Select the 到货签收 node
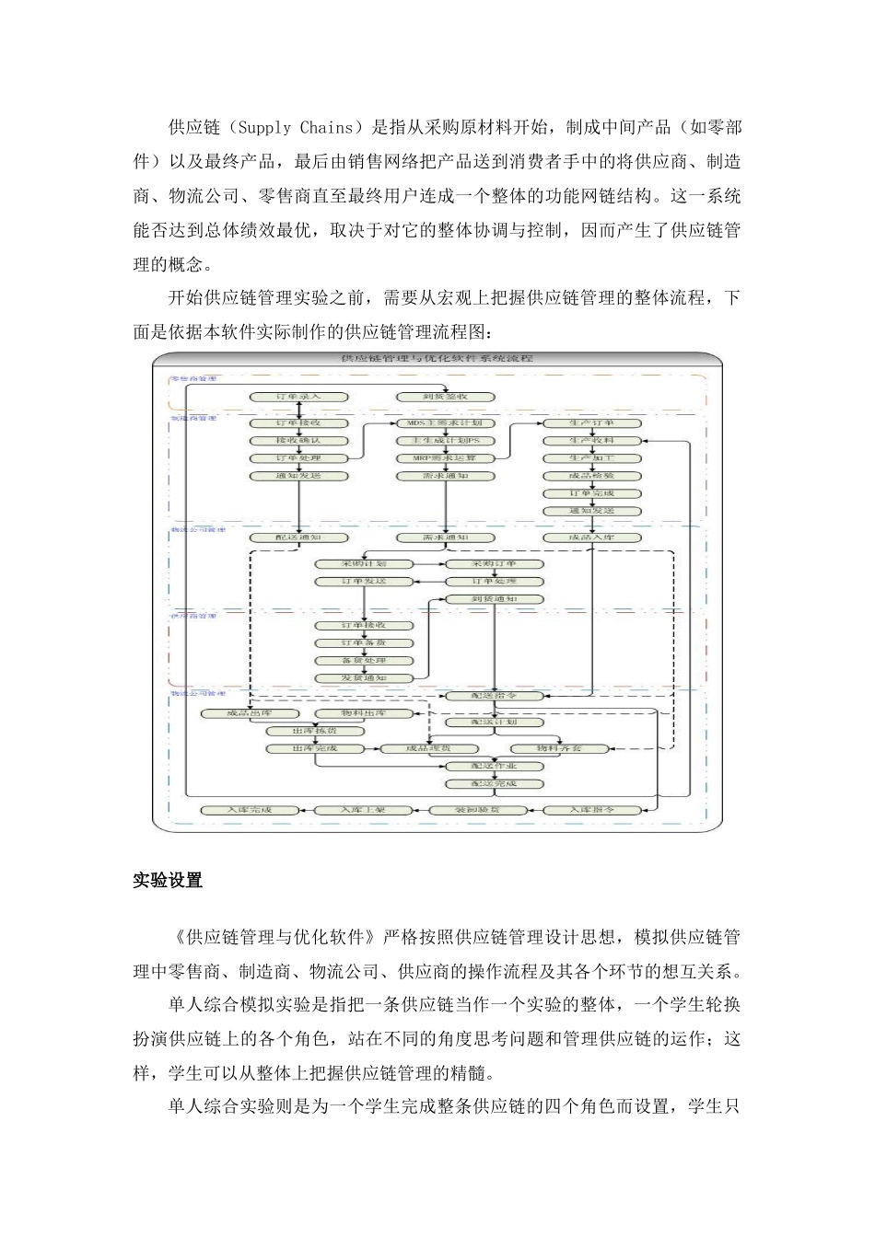[x=446, y=397]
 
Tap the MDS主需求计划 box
[x=446, y=423]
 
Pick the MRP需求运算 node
[x=446, y=458]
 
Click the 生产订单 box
[x=591, y=423]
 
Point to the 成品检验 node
[x=591, y=476]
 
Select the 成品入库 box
[x=591, y=538]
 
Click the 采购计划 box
[x=364, y=563]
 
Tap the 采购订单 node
[x=495, y=563]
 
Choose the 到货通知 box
[x=495, y=599]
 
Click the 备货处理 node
[x=364, y=661]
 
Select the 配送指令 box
[x=495, y=696]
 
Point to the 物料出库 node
[x=364, y=713]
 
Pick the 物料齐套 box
[x=559, y=748]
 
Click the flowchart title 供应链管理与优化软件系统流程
[x=437, y=360]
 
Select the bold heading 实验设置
[x=168, y=881]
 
